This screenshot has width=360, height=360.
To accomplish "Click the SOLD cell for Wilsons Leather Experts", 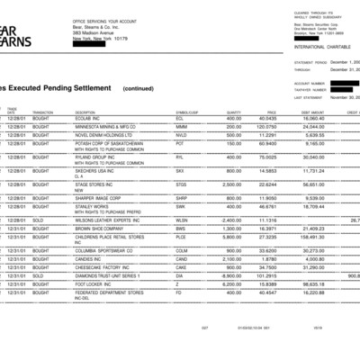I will point(41,219).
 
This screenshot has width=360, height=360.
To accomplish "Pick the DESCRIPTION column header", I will point(90,112).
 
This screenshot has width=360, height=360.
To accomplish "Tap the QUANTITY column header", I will point(232,112).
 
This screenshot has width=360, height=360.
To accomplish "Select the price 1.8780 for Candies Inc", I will point(267,258).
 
